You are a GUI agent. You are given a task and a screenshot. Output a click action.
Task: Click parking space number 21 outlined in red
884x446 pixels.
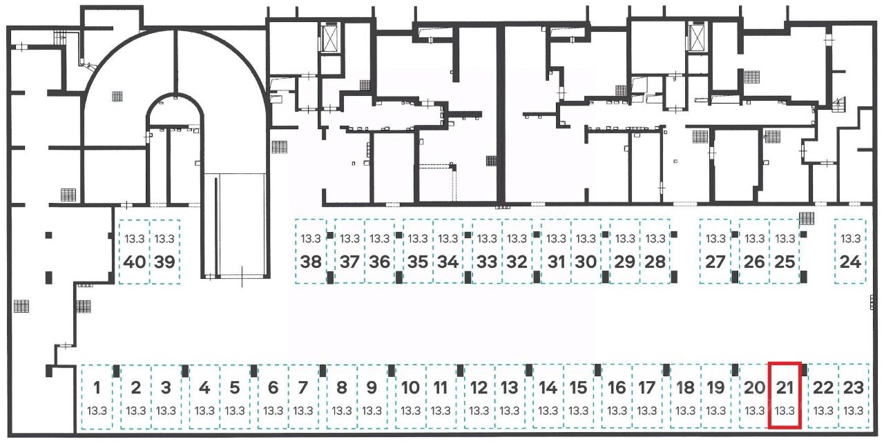point(785,395)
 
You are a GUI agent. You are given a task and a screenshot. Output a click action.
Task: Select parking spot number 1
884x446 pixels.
point(97,396)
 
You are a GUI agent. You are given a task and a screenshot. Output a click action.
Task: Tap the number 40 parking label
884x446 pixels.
point(135,262)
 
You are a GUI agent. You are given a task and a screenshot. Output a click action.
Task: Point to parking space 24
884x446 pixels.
point(850,251)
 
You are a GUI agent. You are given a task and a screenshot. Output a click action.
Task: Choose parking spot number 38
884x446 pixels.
point(311,251)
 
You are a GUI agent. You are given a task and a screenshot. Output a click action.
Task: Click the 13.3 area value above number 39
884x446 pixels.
point(164,239)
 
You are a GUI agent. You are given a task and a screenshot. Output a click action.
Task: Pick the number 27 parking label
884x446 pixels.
point(715,262)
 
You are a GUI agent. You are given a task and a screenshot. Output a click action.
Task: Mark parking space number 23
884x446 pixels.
point(854,396)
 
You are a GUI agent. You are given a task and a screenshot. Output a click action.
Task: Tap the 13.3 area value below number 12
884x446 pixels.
point(479,411)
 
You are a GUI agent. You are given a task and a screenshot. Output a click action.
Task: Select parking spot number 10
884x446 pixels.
point(410,396)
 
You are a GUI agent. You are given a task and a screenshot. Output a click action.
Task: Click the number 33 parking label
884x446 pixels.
point(487,262)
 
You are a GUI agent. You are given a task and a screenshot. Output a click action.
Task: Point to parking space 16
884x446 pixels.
point(617,396)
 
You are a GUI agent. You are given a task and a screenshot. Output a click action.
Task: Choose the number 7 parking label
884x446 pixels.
point(302,387)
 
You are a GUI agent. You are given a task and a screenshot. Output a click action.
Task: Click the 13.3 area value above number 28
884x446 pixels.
point(655,239)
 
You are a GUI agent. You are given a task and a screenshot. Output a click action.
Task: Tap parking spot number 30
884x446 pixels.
point(586,251)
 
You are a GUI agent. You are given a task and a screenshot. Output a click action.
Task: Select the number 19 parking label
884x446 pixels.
point(715,387)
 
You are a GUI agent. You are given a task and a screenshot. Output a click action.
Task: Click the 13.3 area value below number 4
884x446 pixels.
point(204,411)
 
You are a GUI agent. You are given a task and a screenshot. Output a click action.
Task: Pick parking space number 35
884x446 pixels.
point(418,251)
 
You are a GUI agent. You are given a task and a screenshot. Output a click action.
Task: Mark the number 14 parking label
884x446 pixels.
point(548,387)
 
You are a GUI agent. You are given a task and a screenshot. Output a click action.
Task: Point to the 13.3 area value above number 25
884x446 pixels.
point(785,239)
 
